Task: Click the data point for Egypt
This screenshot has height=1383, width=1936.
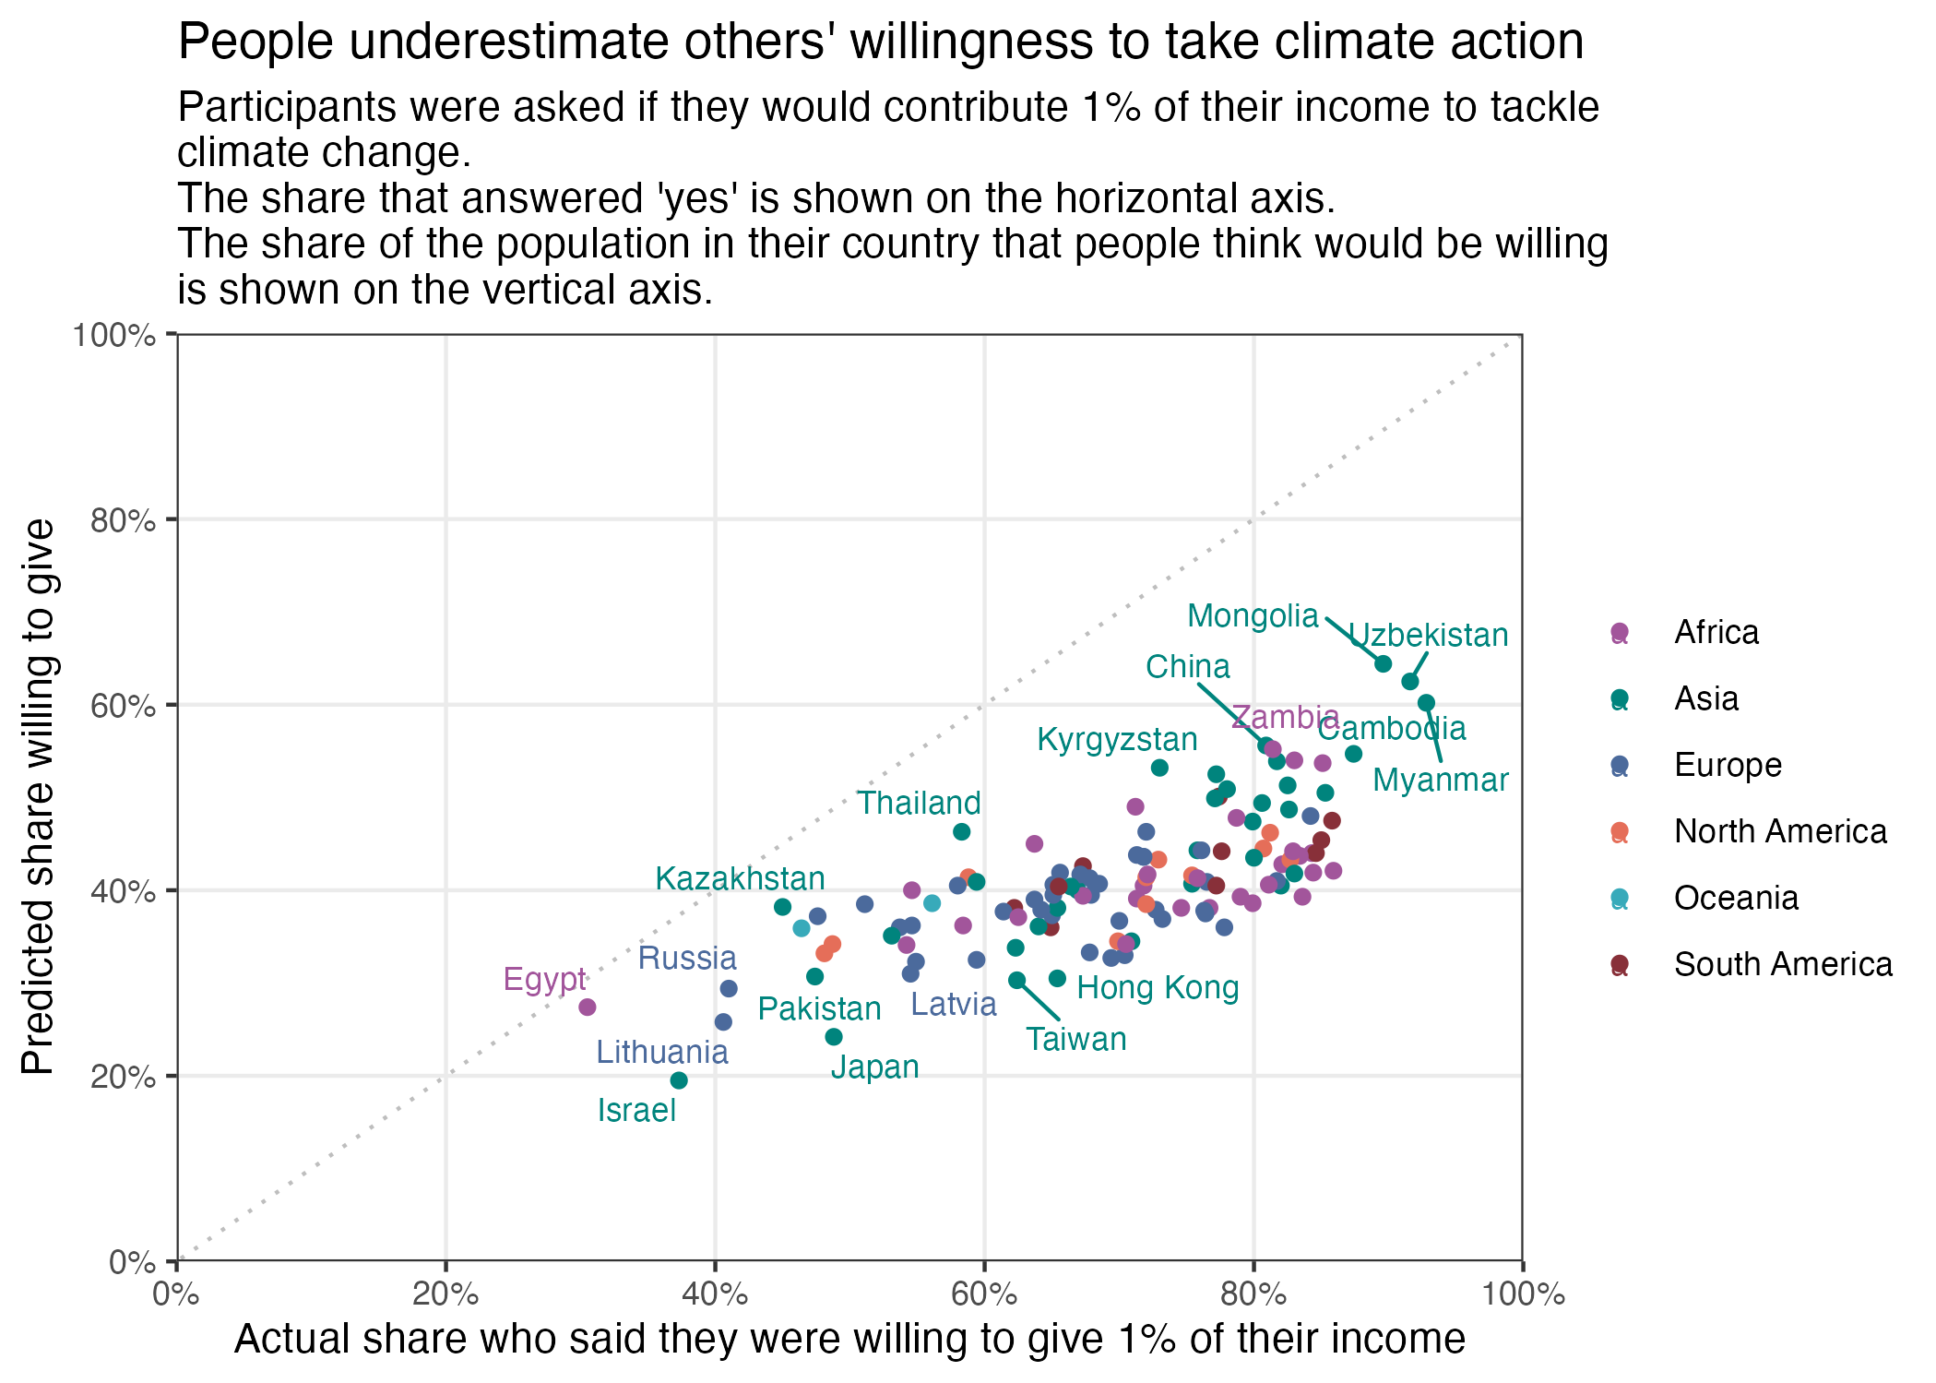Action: (587, 1007)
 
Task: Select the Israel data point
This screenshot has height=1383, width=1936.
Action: (679, 1080)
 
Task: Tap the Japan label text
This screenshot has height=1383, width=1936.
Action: (874, 1067)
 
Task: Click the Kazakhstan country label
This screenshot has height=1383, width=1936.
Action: (740, 878)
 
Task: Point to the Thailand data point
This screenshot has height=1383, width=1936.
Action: (961, 831)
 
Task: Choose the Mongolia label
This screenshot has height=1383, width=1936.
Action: (1253, 615)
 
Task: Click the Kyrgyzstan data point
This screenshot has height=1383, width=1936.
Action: (1159, 768)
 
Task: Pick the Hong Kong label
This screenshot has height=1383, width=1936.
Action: (1158, 988)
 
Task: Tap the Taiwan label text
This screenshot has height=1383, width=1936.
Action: (1076, 1040)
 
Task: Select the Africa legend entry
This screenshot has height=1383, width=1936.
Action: (1716, 632)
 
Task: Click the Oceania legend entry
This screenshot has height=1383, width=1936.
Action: (1736, 898)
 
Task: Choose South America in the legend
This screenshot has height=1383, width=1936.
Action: (1782, 964)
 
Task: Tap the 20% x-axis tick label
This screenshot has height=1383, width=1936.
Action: (445, 1294)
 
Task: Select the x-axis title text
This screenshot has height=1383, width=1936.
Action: (849, 1339)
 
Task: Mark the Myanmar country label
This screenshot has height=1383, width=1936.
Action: (1440, 781)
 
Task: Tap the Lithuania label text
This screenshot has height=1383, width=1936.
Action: (661, 1052)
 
